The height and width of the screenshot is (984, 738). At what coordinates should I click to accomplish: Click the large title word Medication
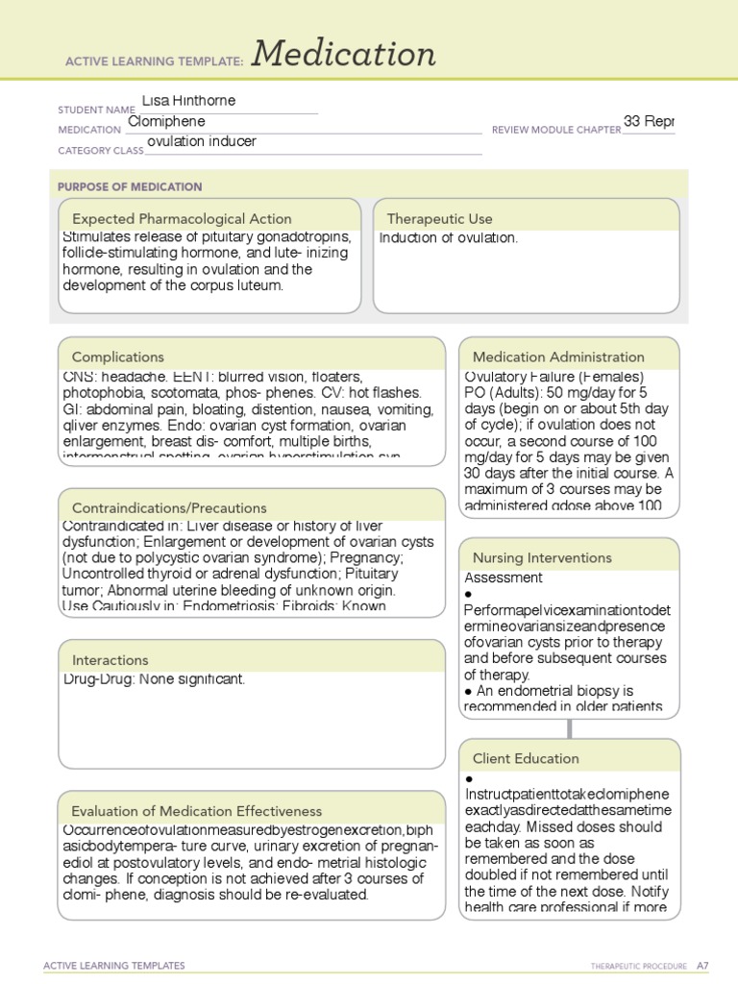click(344, 55)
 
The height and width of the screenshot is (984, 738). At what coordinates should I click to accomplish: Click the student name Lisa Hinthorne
click(188, 101)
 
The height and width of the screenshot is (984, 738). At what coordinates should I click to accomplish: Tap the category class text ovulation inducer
click(202, 142)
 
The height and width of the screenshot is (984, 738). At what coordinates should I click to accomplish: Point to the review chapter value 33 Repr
click(649, 121)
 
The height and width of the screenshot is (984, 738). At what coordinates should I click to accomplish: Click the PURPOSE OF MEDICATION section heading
click(130, 186)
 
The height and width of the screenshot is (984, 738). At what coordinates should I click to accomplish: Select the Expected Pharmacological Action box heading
click(182, 218)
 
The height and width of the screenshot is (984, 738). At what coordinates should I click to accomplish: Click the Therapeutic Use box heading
click(439, 218)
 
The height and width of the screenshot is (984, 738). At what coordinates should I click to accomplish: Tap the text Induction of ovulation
click(448, 238)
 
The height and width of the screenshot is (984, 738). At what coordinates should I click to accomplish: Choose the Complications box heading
click(117, 357)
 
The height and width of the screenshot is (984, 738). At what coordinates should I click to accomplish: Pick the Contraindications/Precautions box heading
click(169, 507)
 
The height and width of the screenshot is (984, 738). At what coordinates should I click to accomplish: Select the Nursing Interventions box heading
click(542, 557)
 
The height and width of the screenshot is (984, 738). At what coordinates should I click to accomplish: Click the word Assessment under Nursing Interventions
click(504, 578)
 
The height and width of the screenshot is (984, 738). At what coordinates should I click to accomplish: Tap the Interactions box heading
click(110, 660)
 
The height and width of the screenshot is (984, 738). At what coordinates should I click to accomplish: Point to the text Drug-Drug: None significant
click(154, 679)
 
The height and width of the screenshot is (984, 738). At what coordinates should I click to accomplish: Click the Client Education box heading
click(526, 758)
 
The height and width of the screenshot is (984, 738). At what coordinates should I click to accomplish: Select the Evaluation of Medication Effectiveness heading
click(197, 811)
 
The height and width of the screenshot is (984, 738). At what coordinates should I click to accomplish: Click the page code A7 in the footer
click(702, 965)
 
